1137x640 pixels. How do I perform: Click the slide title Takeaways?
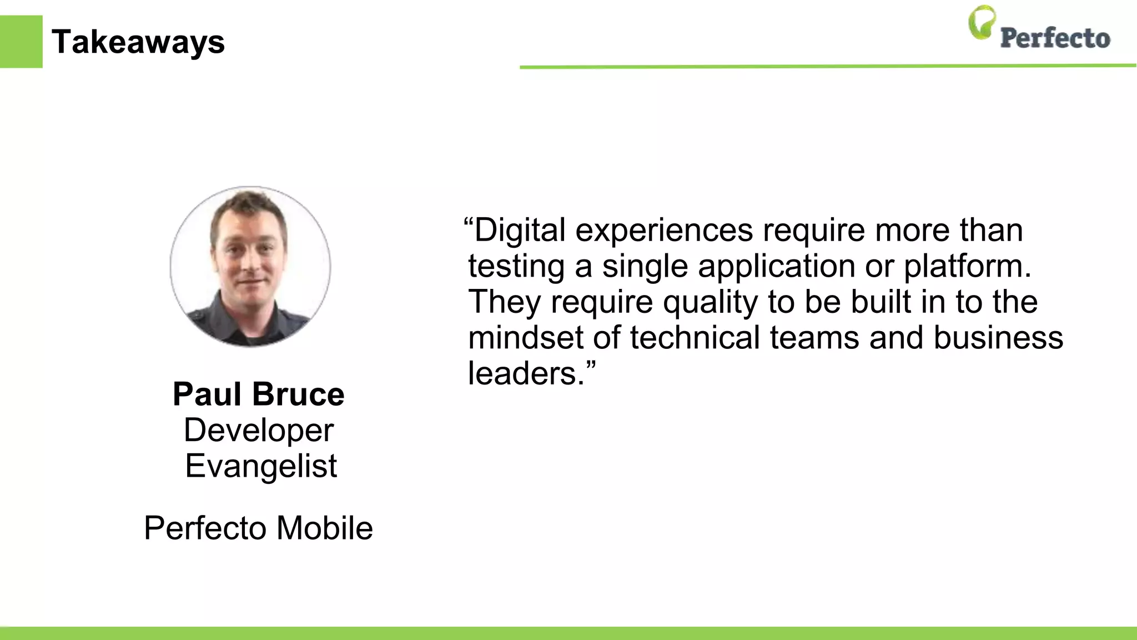tap(138, 42)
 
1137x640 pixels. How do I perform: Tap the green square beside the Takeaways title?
tap(21, 42)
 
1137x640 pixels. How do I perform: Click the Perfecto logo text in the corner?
tap(1055, 38)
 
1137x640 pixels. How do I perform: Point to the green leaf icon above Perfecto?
tap(982, 22)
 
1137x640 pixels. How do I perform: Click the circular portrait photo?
tap(250, 267)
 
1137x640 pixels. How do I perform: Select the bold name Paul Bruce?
tap(259, 394)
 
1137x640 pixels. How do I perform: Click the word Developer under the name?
tap(259, 431)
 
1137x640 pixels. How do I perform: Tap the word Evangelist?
tap(261, 466)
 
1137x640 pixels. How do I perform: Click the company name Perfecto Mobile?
tap(258, 528)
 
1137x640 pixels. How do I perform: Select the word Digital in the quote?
tap(520, 230)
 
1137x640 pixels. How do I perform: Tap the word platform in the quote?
tap(967, 267)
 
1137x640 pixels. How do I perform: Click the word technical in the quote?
tap(695, 338)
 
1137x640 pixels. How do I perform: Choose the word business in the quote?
tap(998, 338)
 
